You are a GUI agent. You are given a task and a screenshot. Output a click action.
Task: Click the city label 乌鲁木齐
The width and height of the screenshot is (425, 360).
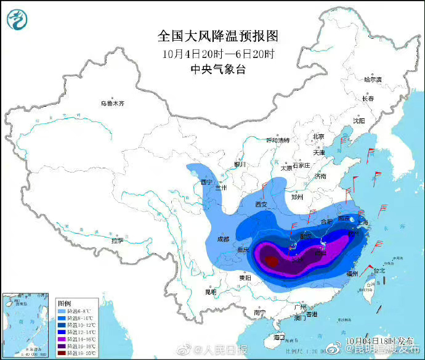pyautogui.click(x=113, y=104)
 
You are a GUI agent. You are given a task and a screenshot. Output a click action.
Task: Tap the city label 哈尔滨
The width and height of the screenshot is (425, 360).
pyautogui.click(x=373, y=80)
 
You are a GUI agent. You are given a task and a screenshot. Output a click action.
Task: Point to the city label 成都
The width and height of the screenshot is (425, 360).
pyautogui.click(x=222, y=239)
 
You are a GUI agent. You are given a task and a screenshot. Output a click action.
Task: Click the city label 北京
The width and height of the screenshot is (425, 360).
pyautogui.click(x=318, y=136)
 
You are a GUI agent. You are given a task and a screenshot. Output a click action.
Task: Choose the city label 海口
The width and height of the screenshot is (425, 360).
pyautogui.click(x=279, y=337)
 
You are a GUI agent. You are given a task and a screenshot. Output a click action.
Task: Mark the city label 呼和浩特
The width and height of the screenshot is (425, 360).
pyautogui.click(x=277, y=140)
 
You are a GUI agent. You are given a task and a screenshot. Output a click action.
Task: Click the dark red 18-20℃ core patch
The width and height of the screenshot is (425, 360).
pyautogui.click(x=271, y=261)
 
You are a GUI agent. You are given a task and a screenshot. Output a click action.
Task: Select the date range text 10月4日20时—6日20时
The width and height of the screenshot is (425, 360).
pyautogui.click(x=210, y=54)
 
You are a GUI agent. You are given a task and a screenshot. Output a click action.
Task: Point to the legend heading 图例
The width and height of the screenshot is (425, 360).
pyautogui.click(x=64, y=303)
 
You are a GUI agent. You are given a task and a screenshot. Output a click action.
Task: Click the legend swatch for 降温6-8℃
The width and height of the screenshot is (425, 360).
pyautogui.click(x=62, y=311)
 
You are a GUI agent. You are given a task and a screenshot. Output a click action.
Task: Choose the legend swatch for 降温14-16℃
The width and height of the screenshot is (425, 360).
pyautogui.click(x=62, y=338)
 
